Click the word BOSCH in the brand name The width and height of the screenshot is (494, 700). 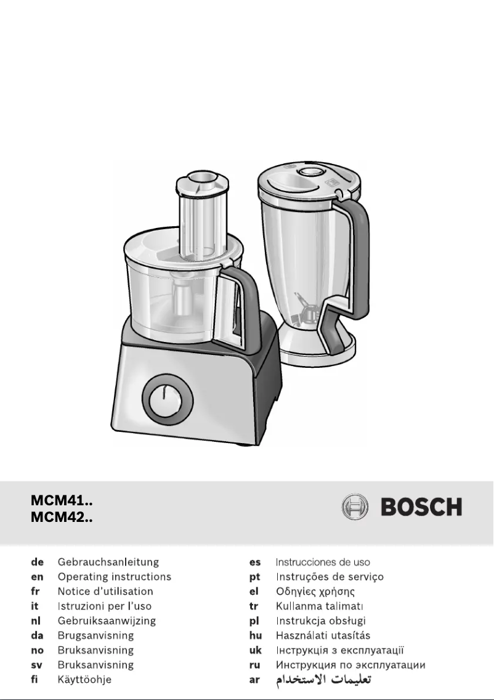(x=421, y=507)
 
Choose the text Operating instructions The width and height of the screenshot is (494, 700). (x=114, y=577)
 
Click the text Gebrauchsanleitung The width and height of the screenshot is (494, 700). (x=108, y=562)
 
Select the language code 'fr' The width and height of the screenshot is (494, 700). (x=35, y=592)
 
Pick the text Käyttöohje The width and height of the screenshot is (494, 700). (x=84, y=680)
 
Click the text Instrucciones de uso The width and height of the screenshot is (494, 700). (x=323, y=562)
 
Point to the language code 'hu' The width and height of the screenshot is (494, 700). (x=255, y=635)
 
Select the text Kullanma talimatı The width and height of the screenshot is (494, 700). (x=316, y=606)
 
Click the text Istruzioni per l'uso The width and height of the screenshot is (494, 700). (x=104, y=606)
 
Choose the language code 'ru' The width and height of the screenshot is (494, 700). (x=255, y=665)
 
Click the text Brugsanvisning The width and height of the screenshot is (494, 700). (x=95, y=635)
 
